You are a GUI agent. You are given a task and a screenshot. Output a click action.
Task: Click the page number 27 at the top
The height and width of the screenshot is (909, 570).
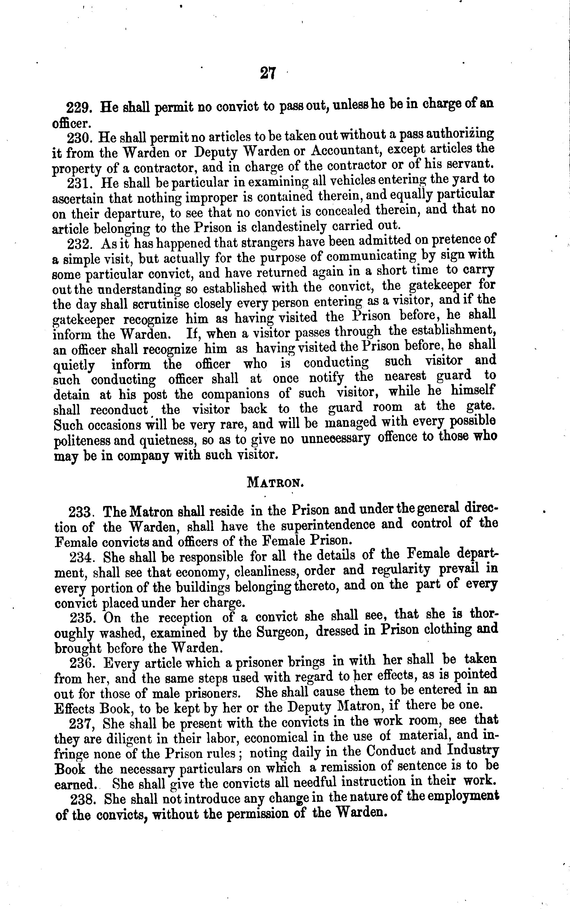(x=268, y=73)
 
